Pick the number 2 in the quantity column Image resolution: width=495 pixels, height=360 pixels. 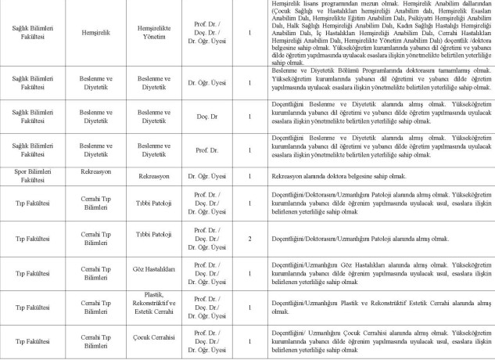pos(249,237)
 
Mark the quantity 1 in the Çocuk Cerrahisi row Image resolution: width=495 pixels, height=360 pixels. pos(249,341)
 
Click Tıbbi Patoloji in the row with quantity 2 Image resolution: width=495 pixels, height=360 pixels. pos(153,233)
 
